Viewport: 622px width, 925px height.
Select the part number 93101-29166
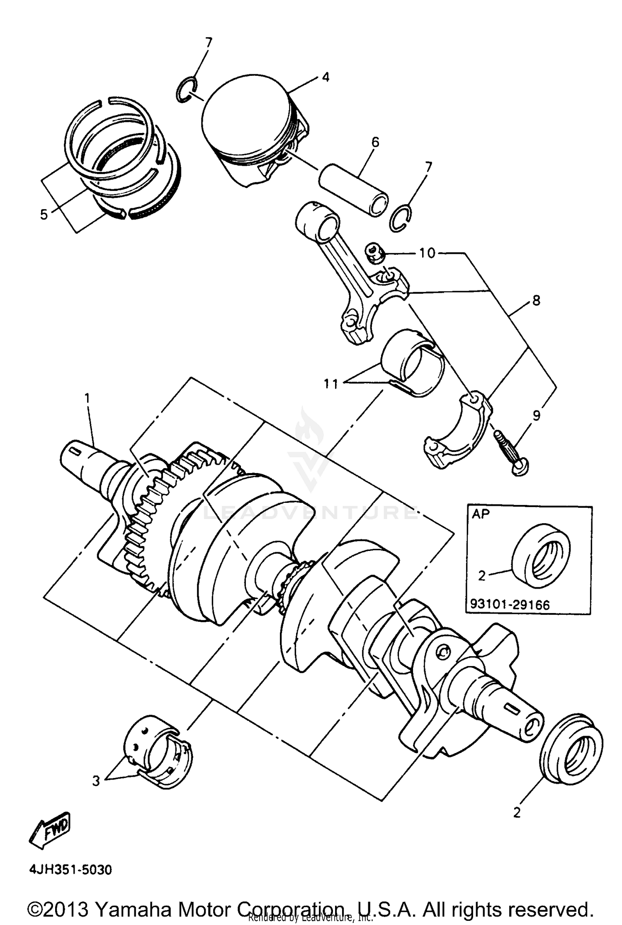(509, 605)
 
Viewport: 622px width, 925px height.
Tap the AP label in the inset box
(481, 514)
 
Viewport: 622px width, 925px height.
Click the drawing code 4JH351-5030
(70, 869)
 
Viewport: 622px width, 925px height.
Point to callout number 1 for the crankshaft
(87, 398)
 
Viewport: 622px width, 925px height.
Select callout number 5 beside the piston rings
(44, 215)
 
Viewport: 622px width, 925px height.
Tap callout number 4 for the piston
(326, 77)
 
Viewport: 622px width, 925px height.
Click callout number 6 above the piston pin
(375, 142)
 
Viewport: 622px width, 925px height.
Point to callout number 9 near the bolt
(536, 415)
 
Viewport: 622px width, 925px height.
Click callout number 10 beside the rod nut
(427, 253)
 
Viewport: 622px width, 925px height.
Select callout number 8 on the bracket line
(536, 300)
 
